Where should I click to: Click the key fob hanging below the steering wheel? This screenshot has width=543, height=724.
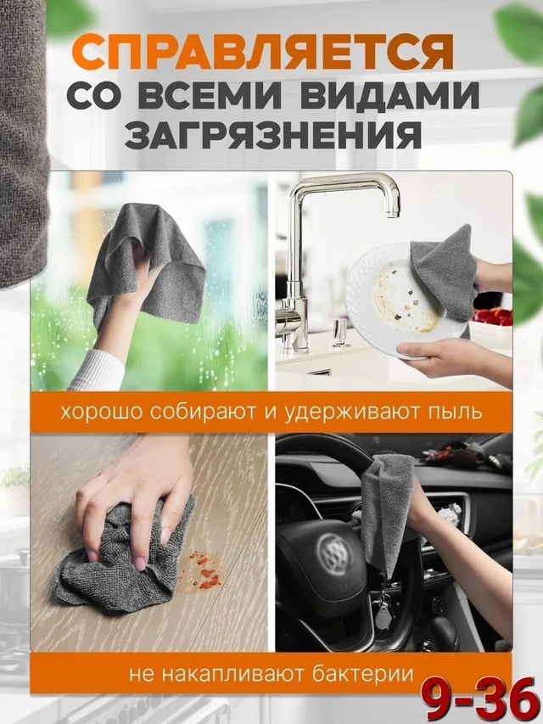tap(384, 615)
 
